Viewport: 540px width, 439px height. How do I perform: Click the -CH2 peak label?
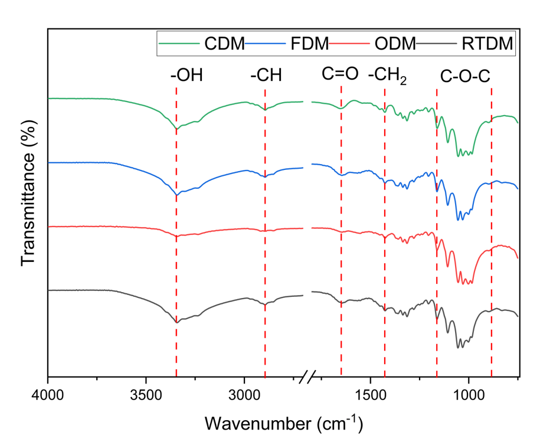pos(387,76)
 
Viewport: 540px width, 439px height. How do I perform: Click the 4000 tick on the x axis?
pos(48,394)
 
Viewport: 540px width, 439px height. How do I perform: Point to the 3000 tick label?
pos(244,394)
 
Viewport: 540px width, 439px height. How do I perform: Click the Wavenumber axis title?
pos(283,422)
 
